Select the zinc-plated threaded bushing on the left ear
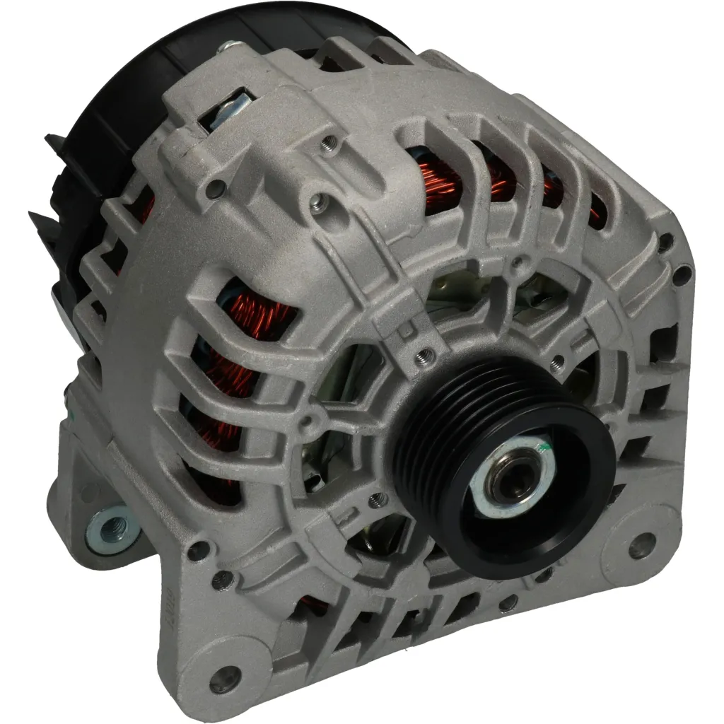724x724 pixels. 108,530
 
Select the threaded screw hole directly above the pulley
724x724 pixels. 425,352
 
